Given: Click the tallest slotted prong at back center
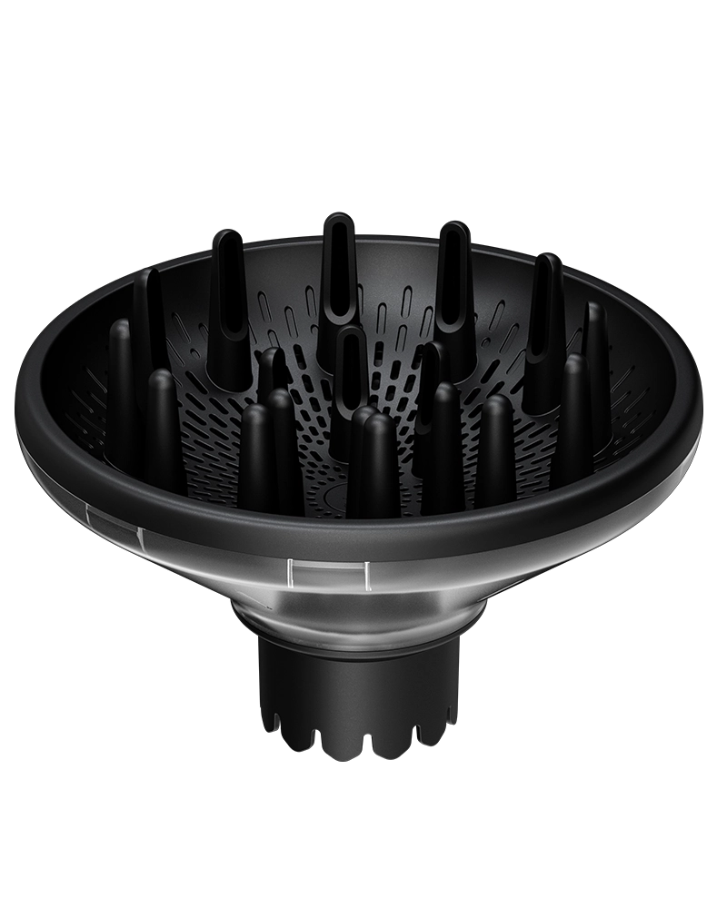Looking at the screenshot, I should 338,272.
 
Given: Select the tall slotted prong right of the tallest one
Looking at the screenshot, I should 452,281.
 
